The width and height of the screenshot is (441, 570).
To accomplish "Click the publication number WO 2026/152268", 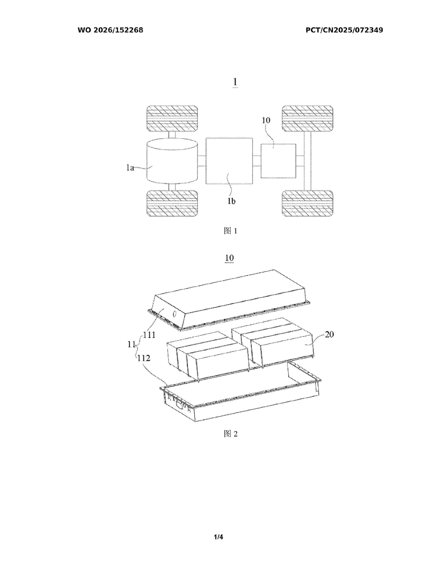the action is pyautogui.click(x=110, y=30).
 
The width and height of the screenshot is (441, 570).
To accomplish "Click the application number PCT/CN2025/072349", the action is pyautogui.click(x=344, y=30).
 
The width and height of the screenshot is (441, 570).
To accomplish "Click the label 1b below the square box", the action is pyautogui.click(x=231, y=201).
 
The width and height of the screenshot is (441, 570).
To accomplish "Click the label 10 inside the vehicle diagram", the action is pyautogui.click(x=266, y=120).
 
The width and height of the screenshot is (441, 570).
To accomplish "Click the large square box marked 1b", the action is pyautogui.click(x=229, y=161).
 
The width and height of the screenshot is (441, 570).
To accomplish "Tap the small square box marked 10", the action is pyautogui.click(x=278, y=161).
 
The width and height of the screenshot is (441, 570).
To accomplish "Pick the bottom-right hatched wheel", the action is pyautogui.click(x=307, y=203).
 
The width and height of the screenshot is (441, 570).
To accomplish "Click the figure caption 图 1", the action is pyautogui.click(x=231, y=231).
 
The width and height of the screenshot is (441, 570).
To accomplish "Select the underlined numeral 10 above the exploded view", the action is pyautogui.click(x=229, y=258).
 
